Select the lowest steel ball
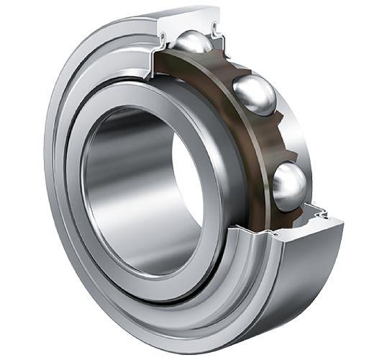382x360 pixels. [290, 185]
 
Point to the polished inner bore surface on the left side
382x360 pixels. [108, 180]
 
